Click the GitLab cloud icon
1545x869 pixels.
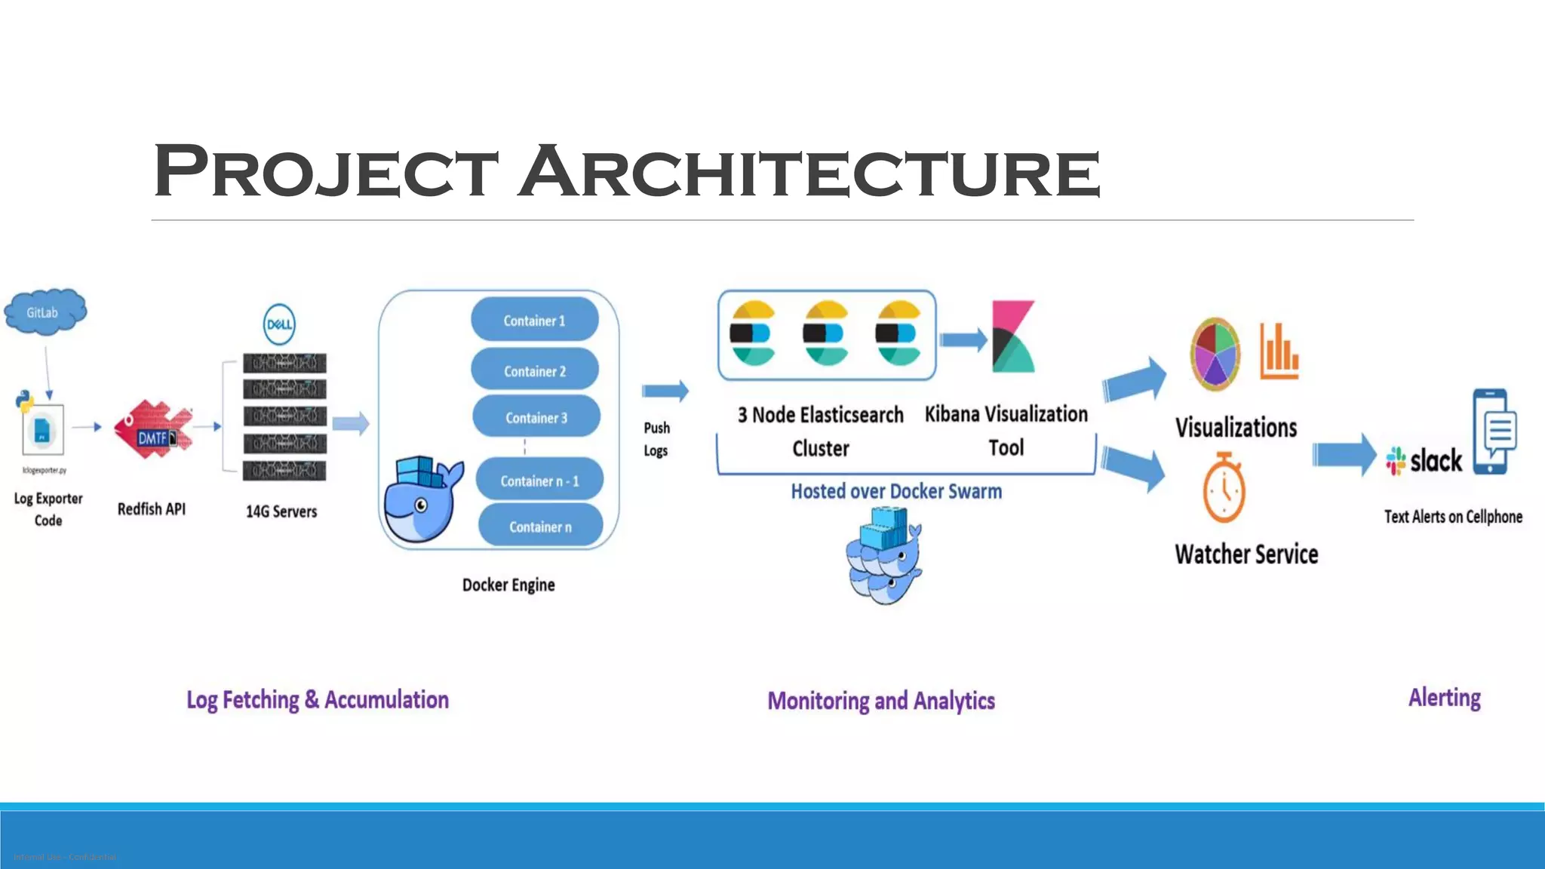click(45, 311)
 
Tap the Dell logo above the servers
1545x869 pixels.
click(279, 324)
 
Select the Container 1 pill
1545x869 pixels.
click(534, 321)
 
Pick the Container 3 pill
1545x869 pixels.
click(536, 417)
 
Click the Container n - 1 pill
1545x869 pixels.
click(539, 481)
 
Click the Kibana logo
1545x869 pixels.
click(1012, 336)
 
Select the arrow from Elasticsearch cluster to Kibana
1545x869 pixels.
click(963, 339)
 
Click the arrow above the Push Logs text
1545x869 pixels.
click(665, 391)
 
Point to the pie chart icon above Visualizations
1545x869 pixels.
click(1215, 354)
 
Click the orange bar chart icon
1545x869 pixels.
click(1279, 351)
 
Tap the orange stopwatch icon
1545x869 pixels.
click(1224, 488)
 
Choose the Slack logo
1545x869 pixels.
click(1424, 460)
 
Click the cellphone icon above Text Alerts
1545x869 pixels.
click(1493, 431)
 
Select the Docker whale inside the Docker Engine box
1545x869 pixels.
click(421, 500)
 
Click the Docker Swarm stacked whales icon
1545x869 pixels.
click(883, 556)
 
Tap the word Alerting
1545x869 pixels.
click(1444, 698)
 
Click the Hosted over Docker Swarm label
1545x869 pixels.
click(896, 492)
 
